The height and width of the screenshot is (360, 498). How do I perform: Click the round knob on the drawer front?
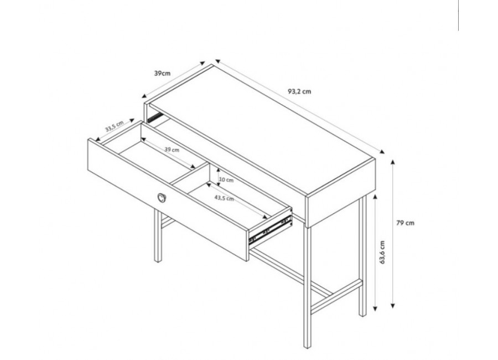pyautogui.click(x=162, y=198)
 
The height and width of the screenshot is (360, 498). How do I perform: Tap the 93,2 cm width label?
pyautogui.click(x=299, y=91)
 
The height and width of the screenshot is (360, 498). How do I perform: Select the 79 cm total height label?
pyautogui.click(x=405, y=223)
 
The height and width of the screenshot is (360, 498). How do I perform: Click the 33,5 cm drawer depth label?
pyautogui.click(x=115, y=127)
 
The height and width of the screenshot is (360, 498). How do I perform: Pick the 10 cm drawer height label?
pyautogui.click(x=226, y=180)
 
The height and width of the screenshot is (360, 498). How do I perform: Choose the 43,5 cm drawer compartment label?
pyautogui.click(x=224, y=198)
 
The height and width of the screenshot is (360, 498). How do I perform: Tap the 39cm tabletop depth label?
pyautogui.click(x=162, y=74)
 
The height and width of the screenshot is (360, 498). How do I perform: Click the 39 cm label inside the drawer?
pyautogui.click(x=172, y=150)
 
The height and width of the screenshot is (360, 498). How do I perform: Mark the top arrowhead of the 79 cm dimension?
pyautogui.click(x=393, y=162)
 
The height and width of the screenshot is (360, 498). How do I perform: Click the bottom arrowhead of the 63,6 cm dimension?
pyautogui.click(x=375, y=308)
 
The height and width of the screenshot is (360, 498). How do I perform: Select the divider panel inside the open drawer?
pyautogui.click(x=189, y=174)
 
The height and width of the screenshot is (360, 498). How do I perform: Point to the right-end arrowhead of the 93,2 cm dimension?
pyautogui.click(x=382, y=152)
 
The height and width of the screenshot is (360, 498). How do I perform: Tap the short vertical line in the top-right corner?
pyautogui.click(x=458, y=16)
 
